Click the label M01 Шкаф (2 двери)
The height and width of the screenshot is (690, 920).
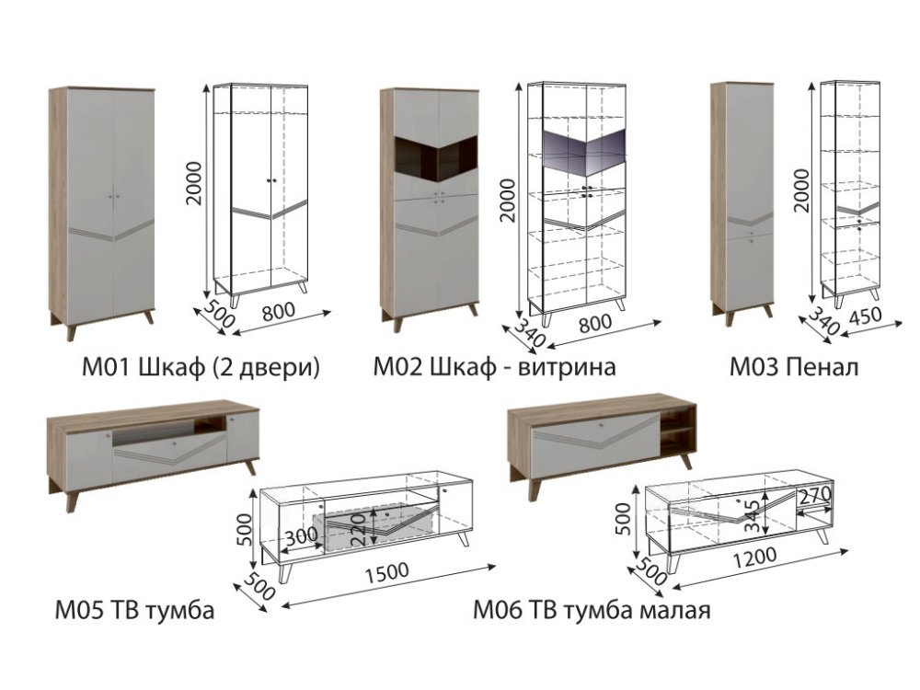(201, 367)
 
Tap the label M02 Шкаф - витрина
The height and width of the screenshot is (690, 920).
(495, 367)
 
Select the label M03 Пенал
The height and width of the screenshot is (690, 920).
(794, 367)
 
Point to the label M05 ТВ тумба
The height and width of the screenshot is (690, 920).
(134, 610)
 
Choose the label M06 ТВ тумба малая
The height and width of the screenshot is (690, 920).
(592, 610)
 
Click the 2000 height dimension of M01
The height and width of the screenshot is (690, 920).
(193, 183)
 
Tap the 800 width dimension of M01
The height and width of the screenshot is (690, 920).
(279, 312)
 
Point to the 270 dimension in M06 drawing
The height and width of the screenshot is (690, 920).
(815, 497)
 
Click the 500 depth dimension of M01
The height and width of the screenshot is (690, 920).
(218, 314)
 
